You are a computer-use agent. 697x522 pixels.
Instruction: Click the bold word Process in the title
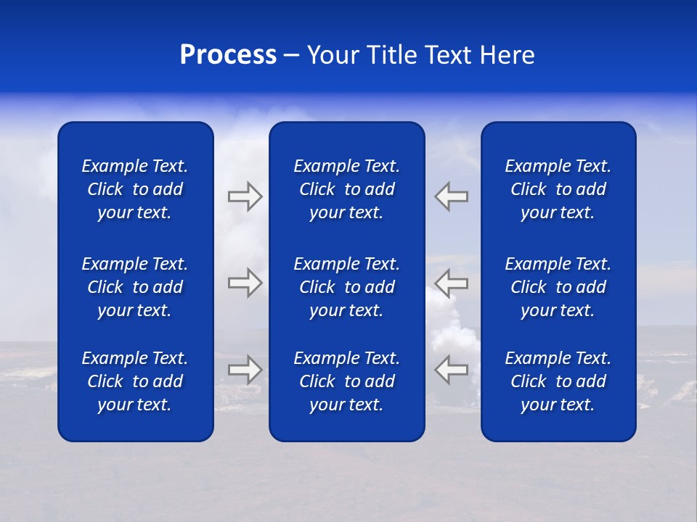228,55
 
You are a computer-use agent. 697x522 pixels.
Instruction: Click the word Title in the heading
392,55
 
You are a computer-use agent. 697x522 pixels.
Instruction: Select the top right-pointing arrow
245,196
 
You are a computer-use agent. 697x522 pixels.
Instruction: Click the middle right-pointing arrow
245,282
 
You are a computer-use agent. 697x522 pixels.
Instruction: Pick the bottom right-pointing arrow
245,370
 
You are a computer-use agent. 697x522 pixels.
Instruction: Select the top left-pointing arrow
452,196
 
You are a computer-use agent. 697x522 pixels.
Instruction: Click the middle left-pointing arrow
452,282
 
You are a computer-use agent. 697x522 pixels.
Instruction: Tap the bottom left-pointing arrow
452,370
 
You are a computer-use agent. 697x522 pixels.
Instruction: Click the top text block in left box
135,189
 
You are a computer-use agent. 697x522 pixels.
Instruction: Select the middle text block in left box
135,287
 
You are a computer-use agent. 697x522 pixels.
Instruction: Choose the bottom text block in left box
135,381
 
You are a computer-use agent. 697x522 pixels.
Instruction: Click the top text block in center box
347,189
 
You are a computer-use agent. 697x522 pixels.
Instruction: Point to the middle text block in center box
347,287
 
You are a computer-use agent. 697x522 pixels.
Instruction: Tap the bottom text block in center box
347,381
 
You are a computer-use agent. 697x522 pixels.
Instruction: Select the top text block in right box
558,189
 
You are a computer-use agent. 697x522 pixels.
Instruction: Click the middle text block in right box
558,287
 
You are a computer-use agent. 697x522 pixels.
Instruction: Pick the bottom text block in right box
558,381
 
